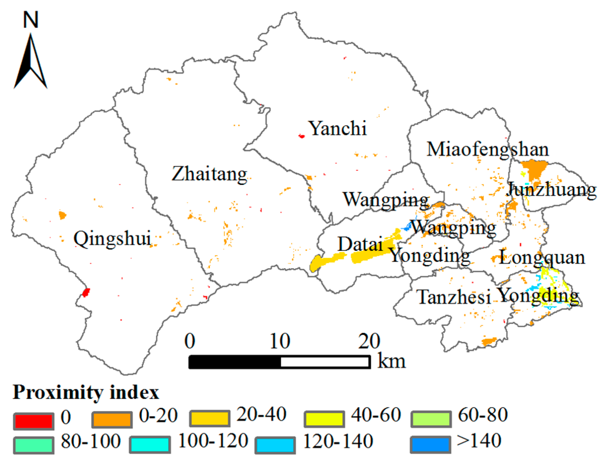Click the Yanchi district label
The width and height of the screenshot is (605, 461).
click(337, 128)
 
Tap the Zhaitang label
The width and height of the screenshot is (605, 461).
click(209, 174)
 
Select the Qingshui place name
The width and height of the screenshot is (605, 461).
click(112, 239)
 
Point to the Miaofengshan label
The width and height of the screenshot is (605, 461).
click(487, 150)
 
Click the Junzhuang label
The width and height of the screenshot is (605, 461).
click(551, 190)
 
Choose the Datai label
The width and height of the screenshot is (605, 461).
click(360, 244)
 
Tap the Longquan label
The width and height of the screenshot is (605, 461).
click(542, 258)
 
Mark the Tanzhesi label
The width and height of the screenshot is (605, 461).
click(454, 297)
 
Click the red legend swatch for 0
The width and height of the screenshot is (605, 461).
click(34, 421)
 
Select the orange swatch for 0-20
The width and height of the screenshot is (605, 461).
click(112, 420)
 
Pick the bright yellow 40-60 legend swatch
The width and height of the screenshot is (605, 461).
click(324, 419)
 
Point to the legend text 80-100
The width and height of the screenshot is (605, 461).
click(91, 441)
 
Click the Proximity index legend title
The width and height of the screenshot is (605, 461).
click(86, 392)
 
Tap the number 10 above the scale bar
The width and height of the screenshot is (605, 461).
click(280, 342)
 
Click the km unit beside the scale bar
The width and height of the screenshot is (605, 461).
click(391, 361)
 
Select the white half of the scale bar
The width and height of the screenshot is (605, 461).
click(325, 362)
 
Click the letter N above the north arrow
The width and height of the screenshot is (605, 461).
click(31, 20)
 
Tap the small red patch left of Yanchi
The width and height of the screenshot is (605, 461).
click(301, 136)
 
